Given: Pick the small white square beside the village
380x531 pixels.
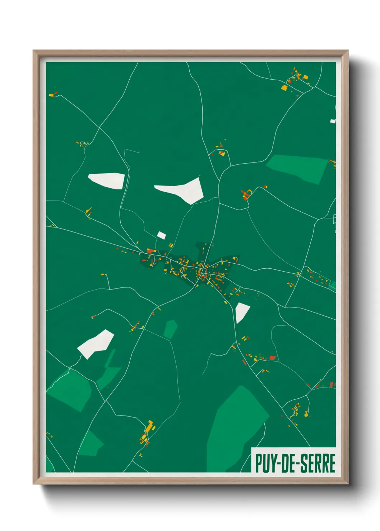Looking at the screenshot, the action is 161,235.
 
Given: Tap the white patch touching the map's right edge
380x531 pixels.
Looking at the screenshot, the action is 333,121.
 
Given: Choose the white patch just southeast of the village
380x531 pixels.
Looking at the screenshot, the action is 242,311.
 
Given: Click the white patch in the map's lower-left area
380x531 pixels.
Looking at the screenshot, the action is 96,343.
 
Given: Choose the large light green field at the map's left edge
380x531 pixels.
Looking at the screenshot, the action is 70,389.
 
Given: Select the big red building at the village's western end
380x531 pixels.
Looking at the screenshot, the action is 150,251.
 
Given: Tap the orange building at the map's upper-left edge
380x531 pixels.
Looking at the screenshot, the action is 51,95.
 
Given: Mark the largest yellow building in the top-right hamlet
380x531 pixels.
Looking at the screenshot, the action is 284,88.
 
